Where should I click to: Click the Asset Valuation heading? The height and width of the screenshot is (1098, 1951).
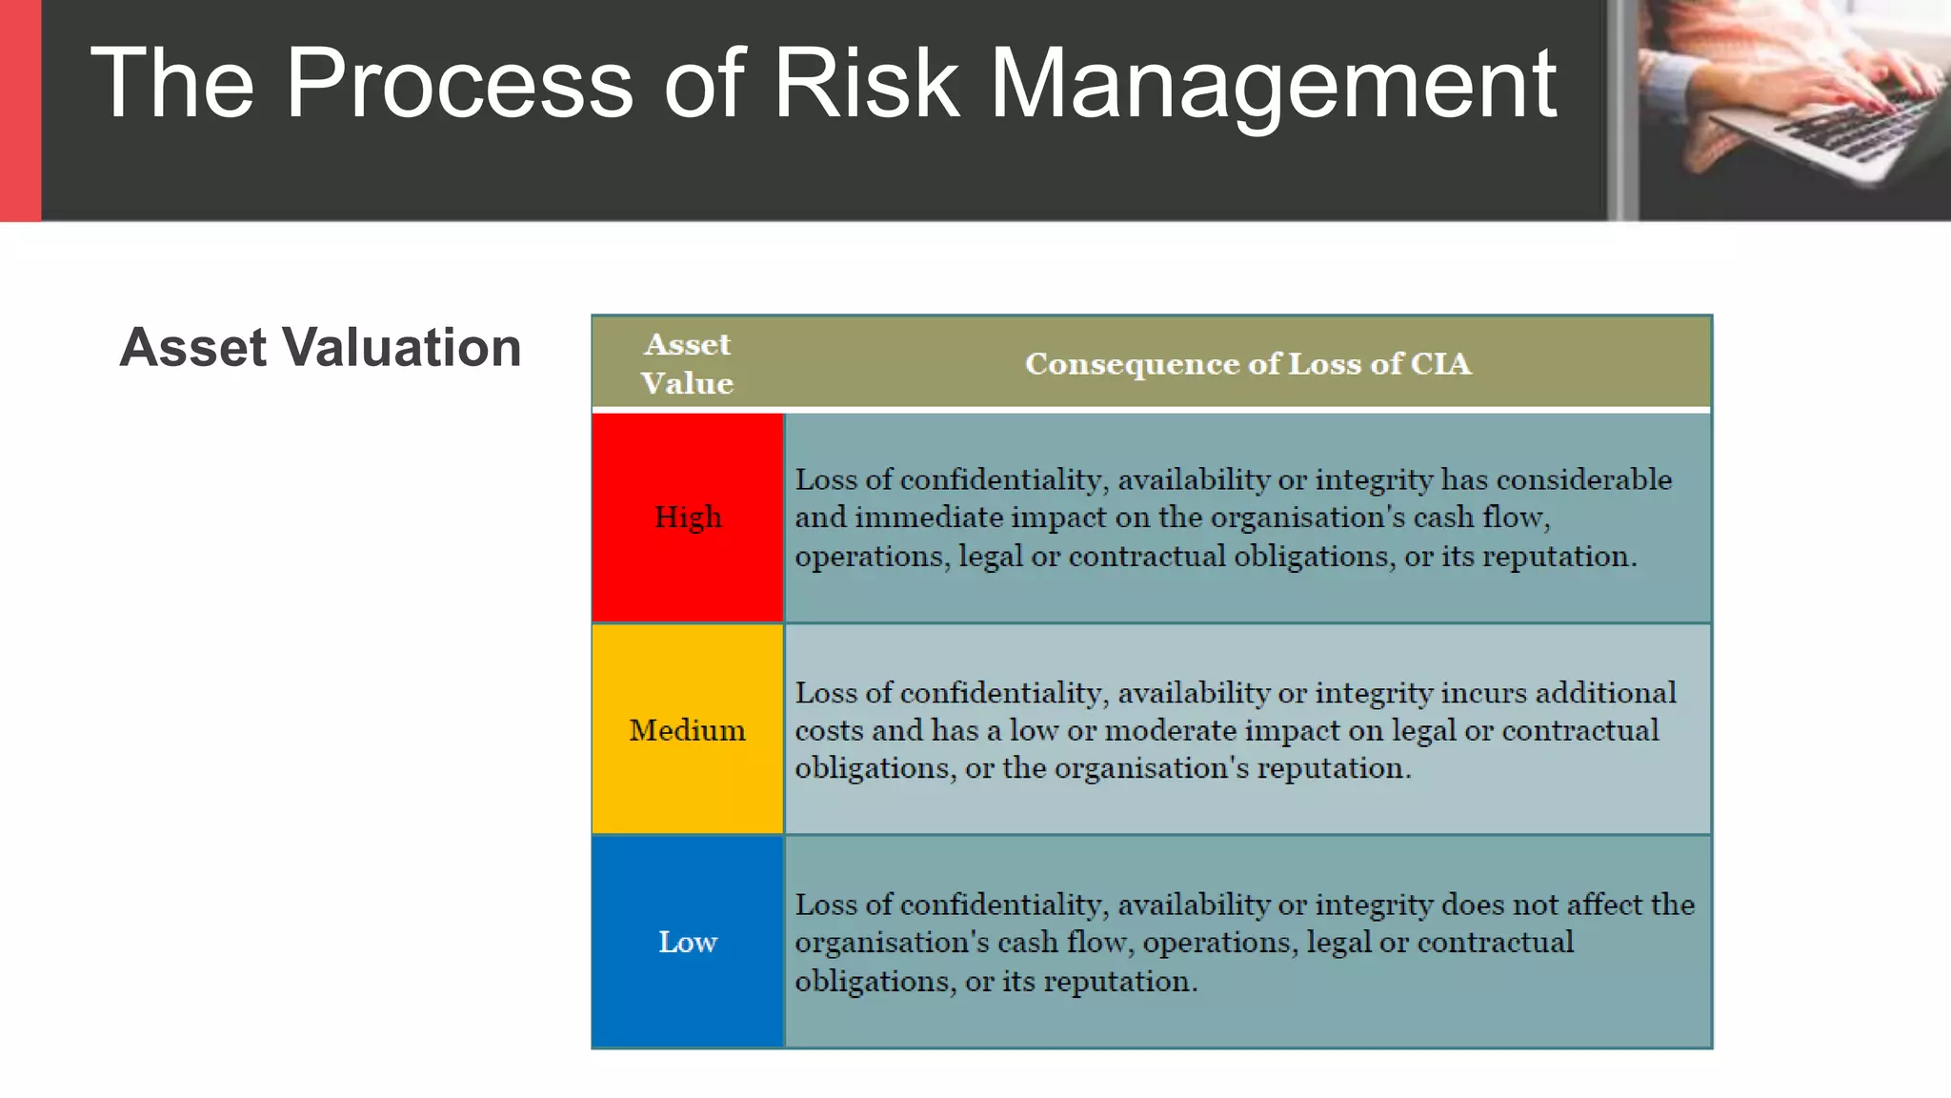320,347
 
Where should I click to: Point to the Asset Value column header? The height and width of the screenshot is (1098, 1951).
687,363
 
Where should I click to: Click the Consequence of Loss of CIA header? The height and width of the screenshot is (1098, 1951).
1247,363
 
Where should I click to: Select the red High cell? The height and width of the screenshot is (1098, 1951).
688,518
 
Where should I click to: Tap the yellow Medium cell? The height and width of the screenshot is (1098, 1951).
687,730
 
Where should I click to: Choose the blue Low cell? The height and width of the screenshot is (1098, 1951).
687,942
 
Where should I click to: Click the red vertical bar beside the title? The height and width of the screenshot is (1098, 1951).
20,111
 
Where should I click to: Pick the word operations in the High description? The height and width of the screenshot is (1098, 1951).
872,557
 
